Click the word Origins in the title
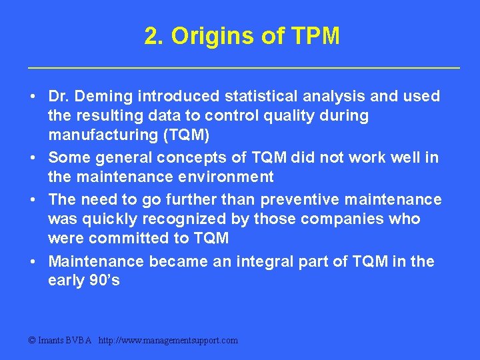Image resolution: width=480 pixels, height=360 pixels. pyautogui.click(x=211, y=37)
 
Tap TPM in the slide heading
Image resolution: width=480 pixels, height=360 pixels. pyautogui.click(x=315, y=37)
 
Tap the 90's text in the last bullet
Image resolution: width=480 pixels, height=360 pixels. pyautogui.click(x=105, y=281)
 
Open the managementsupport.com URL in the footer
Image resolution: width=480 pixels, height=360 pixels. pyautogui.click(x=167, y=341)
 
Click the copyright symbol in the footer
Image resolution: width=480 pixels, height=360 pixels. pyautogui.click(x=33, y=341)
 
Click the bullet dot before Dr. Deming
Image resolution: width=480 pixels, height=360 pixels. pyautogui.click(x=33, y=97)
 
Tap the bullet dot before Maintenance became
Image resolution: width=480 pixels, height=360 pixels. pyautogui.click(x=33, y=261)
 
